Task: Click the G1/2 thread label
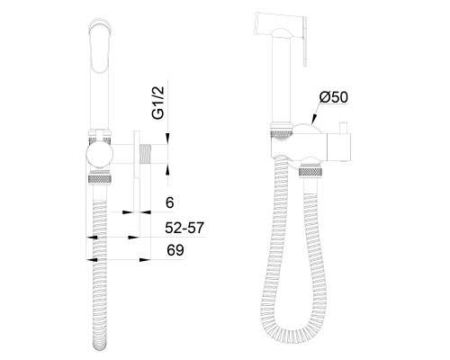158,103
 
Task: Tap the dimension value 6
170,202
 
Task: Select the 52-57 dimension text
184,228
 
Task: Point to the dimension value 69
175,250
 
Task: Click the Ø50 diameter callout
333,97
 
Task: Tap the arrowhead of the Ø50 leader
313,120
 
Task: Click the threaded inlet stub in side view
145,154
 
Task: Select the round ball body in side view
100,155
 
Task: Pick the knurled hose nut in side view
100,178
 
